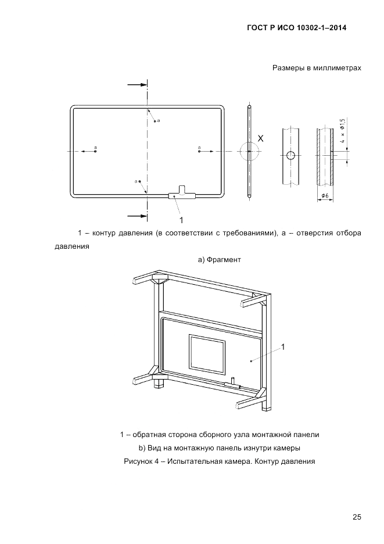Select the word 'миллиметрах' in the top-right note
[338, 68]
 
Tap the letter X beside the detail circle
[261, 139]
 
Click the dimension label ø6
[325, 196]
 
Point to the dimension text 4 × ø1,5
[342, 131]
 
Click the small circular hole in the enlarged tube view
[290, 155]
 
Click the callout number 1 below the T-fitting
[181, 220]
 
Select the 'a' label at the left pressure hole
[95, 148]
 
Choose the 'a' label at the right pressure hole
[199, 148]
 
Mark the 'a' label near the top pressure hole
[158, 120]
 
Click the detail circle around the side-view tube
[249, 152]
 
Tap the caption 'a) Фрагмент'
[219, 260]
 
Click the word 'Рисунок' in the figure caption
[138, 462]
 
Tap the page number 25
[356, 517]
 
